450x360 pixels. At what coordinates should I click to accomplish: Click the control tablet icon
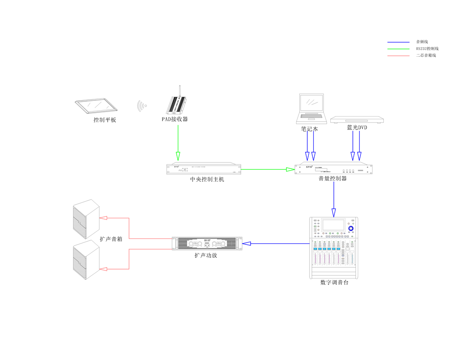point(96,105)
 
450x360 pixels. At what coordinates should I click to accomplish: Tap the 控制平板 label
point(105,120)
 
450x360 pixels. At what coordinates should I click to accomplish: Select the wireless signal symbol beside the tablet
point(142,106)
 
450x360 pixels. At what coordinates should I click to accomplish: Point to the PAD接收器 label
point(175,119)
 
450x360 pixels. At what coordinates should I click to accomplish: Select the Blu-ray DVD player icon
point(357,120)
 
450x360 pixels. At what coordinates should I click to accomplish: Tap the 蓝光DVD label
point(357,128)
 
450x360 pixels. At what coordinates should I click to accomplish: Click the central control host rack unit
point(203,169)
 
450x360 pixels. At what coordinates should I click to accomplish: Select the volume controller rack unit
point(333,169)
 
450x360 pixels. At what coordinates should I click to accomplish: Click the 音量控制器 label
point(333,179)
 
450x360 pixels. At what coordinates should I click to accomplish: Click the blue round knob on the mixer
point(351,229)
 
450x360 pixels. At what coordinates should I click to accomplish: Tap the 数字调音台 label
point(334,283)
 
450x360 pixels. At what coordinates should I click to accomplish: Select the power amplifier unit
point(207,243)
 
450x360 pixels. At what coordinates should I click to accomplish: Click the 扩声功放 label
point(206,255)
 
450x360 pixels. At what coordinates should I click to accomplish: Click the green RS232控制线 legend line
point(399,49)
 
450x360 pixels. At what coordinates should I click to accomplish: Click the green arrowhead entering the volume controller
point(290,170)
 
